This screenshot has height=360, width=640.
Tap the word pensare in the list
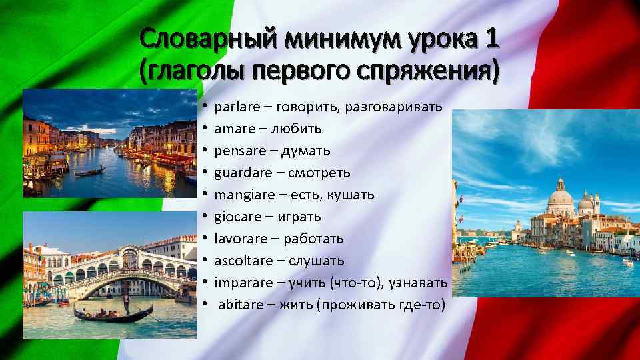point(237,151)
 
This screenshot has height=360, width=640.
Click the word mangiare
point(243,195)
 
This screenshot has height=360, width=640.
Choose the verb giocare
point(235,217)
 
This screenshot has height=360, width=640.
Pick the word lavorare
point(239,238)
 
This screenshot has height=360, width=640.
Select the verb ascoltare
point(241,260)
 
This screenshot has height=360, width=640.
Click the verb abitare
point(239,304)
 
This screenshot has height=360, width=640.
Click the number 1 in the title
point(492,41)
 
